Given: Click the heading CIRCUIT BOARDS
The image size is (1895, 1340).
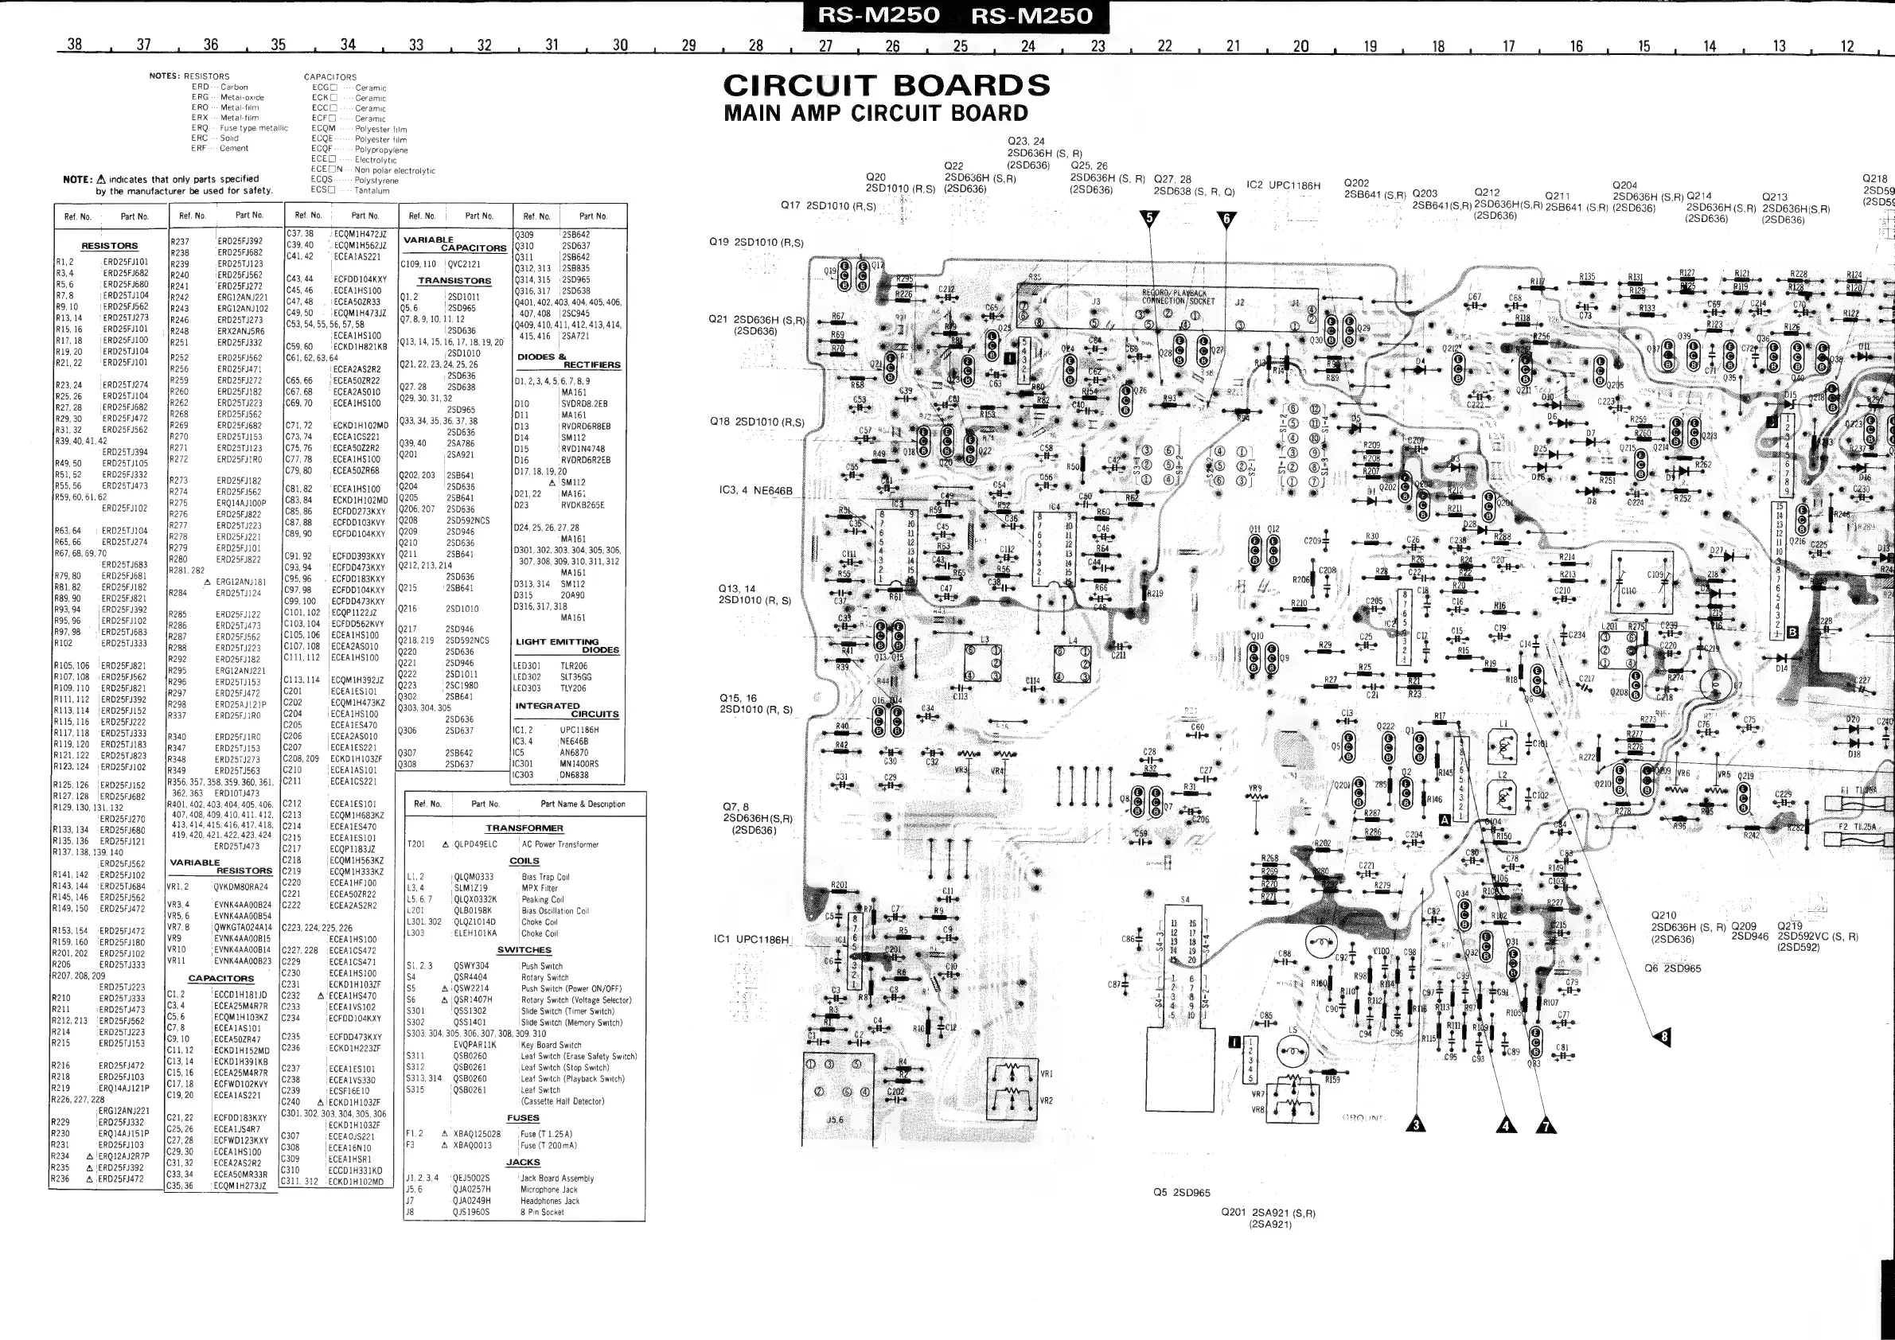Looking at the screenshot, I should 887,86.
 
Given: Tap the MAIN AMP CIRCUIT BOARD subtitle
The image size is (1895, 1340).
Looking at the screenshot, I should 875,113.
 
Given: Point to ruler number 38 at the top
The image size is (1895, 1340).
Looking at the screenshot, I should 74,45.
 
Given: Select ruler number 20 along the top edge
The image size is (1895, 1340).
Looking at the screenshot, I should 1300,46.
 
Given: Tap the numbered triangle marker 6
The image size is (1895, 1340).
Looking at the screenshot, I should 1226,219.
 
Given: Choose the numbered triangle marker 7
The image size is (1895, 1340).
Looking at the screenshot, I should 1545,1124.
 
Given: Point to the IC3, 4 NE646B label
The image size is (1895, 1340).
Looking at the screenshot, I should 755,490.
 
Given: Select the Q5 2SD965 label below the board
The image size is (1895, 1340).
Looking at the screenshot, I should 1181,1192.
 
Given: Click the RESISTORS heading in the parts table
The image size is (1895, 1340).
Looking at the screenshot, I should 110,246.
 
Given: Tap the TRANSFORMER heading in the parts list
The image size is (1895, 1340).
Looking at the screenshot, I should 524,828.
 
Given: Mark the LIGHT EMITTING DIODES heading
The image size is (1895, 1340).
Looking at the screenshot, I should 567,645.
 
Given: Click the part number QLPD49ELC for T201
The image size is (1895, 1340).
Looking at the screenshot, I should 475,844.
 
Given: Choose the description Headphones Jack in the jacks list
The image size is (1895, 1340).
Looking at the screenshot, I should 550,1201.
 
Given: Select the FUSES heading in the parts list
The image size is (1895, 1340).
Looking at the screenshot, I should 523,1118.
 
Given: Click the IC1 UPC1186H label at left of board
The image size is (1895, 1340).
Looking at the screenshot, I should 751,939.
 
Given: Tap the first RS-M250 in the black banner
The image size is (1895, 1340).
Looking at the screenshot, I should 878,16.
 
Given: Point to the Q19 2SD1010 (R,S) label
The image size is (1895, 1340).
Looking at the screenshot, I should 756,243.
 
